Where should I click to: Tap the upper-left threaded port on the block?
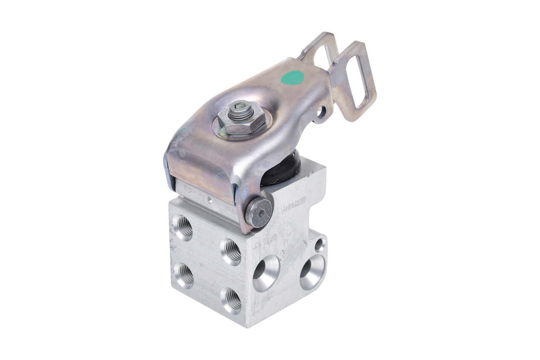click(x=183, y=228)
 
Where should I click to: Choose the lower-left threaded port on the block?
click(x=184, y=275)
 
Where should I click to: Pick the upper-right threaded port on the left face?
click(x=231, y=252)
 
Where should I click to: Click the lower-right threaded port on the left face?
click(x=232, y=300)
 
